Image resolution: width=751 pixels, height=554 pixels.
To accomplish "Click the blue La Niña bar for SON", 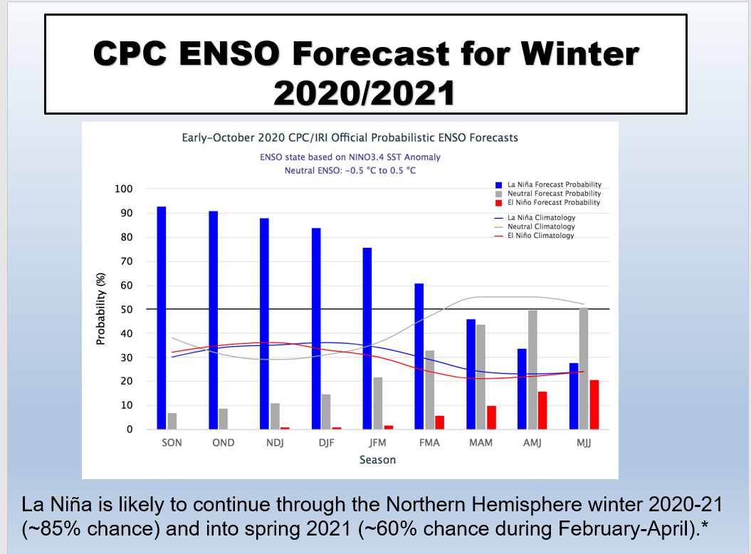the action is click(x=162, y=318).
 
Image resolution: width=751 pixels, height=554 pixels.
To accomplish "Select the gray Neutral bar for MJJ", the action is click(x=584, y=369).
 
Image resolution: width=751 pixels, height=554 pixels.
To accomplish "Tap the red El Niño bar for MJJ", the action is click(x=594, y=404).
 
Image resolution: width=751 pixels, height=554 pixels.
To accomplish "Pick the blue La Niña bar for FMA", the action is click(x=419, y=356).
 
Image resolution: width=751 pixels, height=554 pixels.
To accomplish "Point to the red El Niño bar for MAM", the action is click(x=491, y=417).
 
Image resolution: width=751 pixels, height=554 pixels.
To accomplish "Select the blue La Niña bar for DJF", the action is click(x=316, y=329).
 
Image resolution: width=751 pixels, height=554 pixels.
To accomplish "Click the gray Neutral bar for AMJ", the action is click(x=532, y=370).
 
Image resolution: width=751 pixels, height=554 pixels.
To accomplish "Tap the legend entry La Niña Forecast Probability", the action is click(x=548, y=184).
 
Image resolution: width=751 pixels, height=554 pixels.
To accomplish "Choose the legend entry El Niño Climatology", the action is click(x=535, y=236).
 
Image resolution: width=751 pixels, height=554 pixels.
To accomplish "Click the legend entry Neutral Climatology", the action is click(x=535, y=226).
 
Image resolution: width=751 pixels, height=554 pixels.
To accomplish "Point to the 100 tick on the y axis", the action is click(x=124, y=189).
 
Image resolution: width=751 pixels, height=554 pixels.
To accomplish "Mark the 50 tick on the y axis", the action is click(x=127, y=310).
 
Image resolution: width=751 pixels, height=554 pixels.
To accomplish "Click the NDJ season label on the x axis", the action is click(x=275, y=443).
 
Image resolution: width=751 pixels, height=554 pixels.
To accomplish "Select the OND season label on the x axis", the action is click(x=224, y=443).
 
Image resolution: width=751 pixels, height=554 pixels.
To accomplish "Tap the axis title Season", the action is click(x=378, y=460).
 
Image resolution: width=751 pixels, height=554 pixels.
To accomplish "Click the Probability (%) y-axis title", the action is click(x=100, y=309).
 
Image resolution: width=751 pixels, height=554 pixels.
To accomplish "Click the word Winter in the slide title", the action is click(x=580, y=53).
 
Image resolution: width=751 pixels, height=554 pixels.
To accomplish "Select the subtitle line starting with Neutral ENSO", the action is click(x=350, y=171).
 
